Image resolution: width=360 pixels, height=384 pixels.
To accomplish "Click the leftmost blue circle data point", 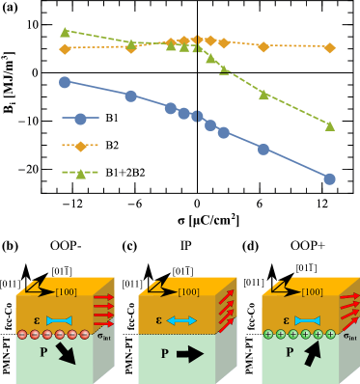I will pos(65,82).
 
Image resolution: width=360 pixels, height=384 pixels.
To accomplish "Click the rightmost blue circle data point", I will pos(329,178).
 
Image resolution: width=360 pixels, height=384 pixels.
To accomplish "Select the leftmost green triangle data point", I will pos(65,32).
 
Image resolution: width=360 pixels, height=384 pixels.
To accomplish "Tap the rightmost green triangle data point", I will pos(329,125).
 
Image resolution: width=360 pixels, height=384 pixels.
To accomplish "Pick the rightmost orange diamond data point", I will pos(329,47).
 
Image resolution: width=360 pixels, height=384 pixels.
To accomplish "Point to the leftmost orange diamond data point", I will pos(65,48).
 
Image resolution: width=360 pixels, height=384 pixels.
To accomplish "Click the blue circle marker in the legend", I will pos(80,119).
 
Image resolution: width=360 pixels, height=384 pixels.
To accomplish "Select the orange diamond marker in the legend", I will pos(80,146).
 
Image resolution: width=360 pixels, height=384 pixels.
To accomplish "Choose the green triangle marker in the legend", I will pos(80,174).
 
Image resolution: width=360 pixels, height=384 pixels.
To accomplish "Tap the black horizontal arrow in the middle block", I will pos(189,354).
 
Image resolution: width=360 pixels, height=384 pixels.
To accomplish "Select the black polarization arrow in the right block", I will pos(312,353).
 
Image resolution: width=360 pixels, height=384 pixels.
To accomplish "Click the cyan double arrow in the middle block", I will pos(181,320).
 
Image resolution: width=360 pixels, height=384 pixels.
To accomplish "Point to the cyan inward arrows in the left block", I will pos(59,320).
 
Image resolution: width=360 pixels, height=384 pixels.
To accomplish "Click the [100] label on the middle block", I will pos(188,291).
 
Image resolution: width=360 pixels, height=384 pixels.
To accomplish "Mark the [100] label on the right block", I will pos(312,291).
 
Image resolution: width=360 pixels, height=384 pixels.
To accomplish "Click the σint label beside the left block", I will pos(106,337).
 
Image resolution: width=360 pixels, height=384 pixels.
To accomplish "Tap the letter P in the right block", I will pos(289,353).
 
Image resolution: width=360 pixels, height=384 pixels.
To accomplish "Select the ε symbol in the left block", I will pos(37,319).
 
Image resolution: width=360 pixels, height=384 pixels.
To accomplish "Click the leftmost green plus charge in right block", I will pos(268,335).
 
